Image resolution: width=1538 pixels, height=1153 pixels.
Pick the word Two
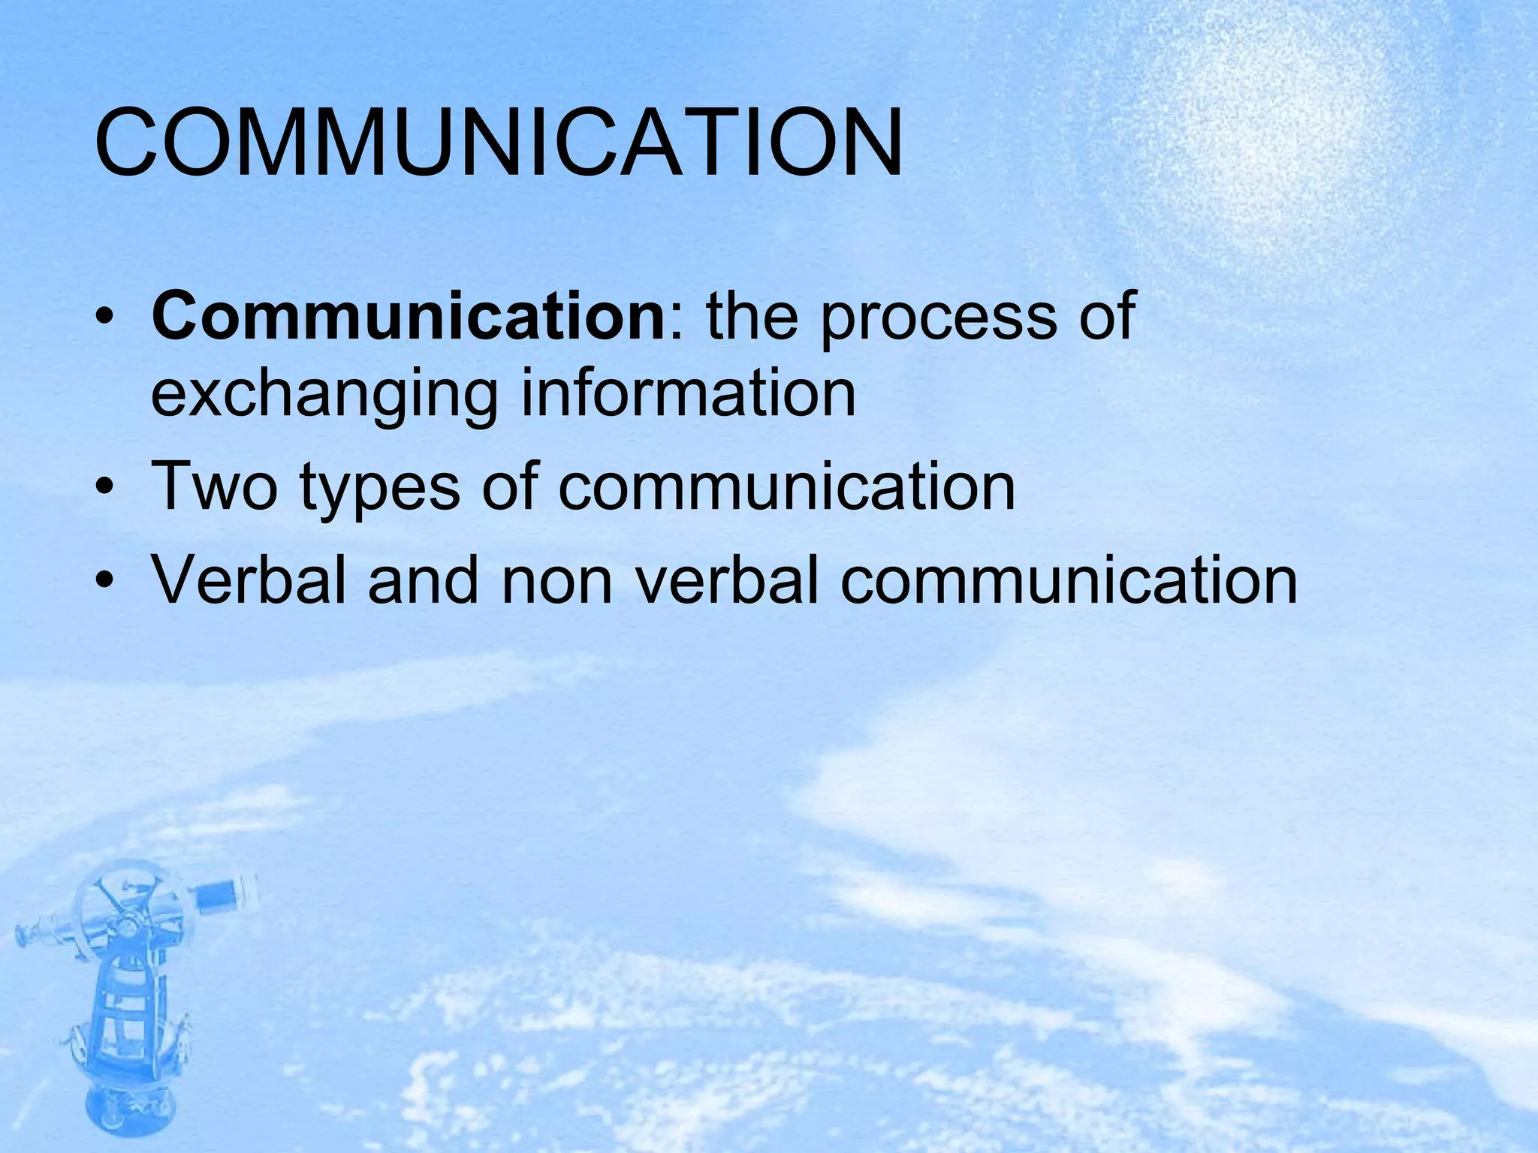point(215,486)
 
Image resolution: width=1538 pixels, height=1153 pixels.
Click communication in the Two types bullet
point(786,486)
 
